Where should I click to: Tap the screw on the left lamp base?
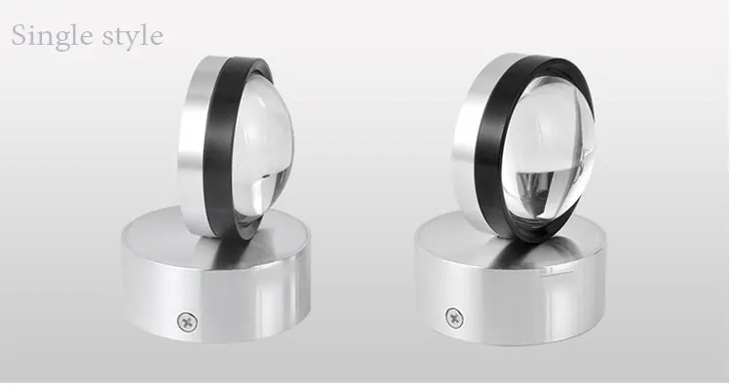pyautogui.click(x=187, y=322)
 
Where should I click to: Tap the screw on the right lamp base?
pyautogui.click(x=454, y=318)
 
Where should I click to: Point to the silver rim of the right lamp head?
pyautogui.click(x=466, y=140)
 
